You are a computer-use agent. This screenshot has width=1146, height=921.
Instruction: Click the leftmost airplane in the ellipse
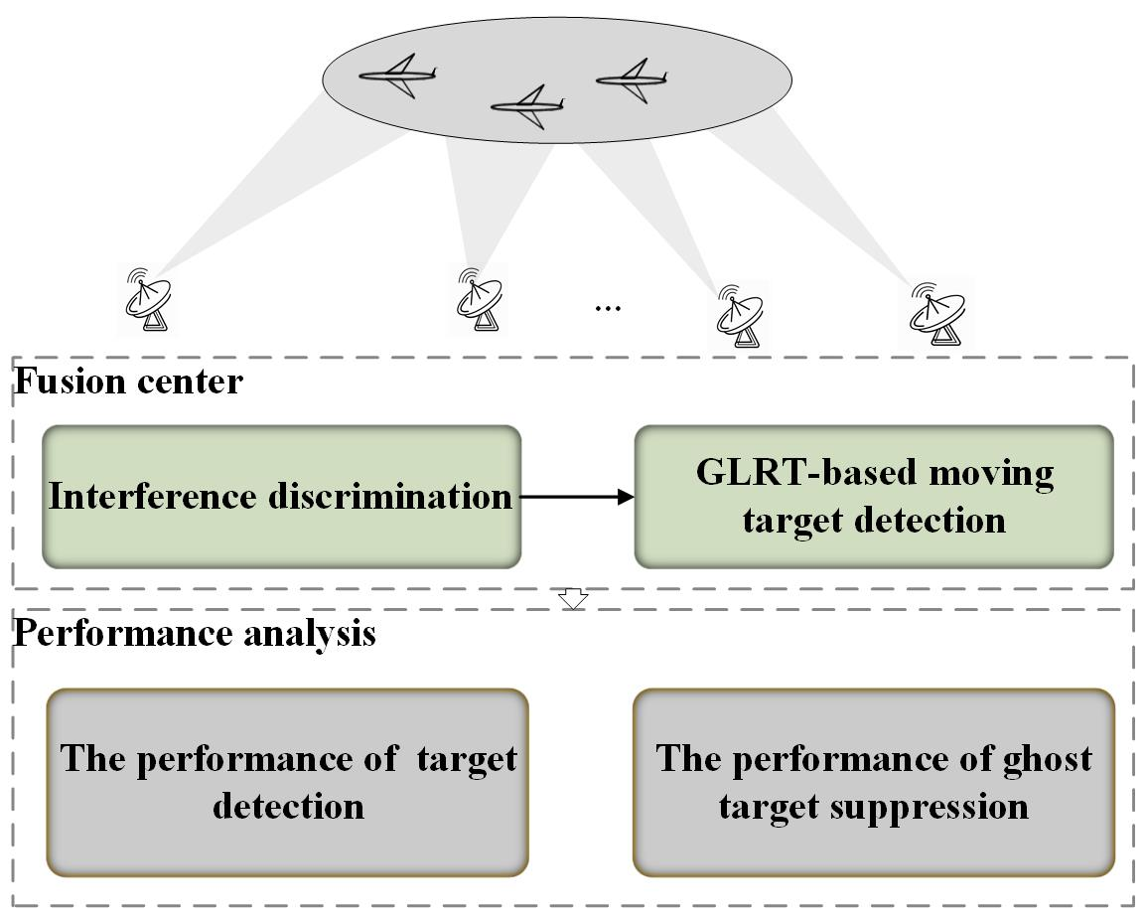[397, 77]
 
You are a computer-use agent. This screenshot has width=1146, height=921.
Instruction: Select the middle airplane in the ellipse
[527, 106]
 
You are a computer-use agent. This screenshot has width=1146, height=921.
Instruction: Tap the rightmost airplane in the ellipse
[631, 79]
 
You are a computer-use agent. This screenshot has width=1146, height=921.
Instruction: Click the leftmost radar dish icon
[149, 298]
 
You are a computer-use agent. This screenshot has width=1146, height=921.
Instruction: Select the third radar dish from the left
[741, 315]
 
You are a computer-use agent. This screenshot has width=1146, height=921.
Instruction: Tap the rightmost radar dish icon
[935, 312]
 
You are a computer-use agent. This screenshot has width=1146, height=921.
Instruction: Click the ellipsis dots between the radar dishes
[607, 308]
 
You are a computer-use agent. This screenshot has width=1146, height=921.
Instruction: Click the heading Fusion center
[127, 382]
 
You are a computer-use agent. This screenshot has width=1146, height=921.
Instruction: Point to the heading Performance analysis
[194, 633]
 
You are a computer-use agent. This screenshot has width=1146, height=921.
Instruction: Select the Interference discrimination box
[281, 497]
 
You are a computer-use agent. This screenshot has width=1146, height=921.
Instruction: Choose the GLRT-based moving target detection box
[874, 497]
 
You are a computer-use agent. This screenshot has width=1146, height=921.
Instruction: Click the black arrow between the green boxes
[577, 497]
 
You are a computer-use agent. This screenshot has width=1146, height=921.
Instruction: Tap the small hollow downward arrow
[574, 599]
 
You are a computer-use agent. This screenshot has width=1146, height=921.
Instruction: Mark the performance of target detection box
[288, 782]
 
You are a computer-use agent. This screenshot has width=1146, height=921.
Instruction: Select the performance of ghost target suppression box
[874, 782]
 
